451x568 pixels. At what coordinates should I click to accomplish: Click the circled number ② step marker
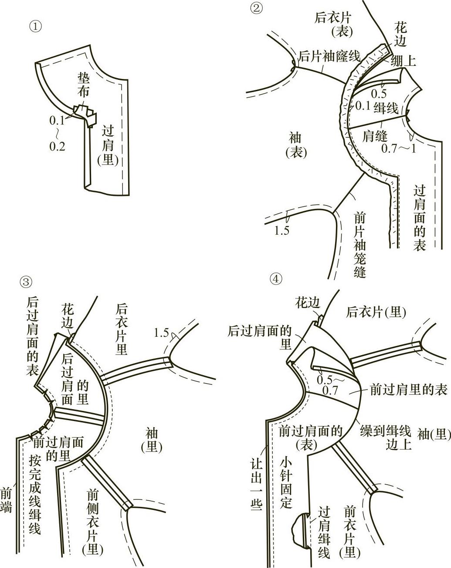256,8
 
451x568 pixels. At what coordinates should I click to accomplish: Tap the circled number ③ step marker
26,282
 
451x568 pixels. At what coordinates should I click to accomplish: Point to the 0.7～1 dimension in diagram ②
399,148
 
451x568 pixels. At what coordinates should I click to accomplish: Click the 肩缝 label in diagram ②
375,137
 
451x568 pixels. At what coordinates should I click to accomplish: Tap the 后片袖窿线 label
329,56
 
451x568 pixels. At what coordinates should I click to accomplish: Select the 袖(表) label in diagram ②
296,146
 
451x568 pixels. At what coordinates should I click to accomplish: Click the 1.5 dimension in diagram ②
281,230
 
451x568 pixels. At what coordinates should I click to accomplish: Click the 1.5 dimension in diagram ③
161,333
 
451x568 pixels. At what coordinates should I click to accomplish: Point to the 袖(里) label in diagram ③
151,440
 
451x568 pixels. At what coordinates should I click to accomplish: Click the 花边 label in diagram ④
308,302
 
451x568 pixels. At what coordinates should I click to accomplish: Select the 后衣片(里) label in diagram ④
376,311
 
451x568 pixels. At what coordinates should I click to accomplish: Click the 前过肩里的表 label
409,390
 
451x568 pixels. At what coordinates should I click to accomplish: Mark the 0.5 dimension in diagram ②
379,93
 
